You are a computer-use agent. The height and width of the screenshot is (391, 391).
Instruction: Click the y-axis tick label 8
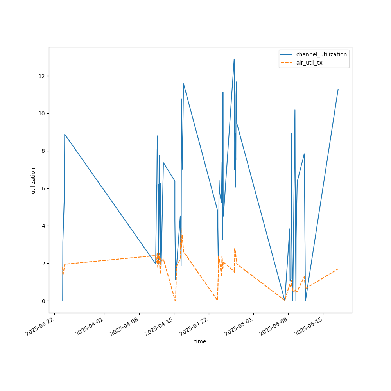click(x=43, y=151)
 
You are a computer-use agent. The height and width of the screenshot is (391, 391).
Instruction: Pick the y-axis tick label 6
click(x=43, y=188)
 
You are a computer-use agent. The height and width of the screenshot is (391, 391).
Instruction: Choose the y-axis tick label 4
click(x=43, y=226)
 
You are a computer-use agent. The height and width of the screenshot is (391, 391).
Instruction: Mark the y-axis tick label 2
click(x=43, y=264)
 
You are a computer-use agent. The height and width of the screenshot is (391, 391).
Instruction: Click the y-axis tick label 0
click(x=43, y=301)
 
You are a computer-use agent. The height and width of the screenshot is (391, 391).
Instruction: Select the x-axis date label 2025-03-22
click(x=41, y=327)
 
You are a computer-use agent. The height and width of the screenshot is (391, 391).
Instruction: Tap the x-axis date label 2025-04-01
click(x=90, y=327)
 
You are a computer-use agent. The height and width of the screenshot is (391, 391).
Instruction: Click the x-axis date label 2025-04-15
click(x=160, y=327)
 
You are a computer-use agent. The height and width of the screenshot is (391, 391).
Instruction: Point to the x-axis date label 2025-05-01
click(x=240, y=327)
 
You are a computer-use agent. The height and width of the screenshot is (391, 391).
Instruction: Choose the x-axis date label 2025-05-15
click(x=309, y=327)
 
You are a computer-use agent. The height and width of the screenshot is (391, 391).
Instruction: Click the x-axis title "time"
click(x=200, y=341)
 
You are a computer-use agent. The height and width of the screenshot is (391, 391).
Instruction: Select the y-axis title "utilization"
click(x=33, y=180)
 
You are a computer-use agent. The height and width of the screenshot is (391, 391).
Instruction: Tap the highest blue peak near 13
click(x=234, y=59)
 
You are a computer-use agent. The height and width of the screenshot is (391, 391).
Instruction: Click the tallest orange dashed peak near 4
click(x=181, y=228)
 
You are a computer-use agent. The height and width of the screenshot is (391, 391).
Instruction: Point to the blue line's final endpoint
click(x=338, y=89)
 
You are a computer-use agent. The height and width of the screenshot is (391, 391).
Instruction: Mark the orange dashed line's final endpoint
click(x=338, y=269)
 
